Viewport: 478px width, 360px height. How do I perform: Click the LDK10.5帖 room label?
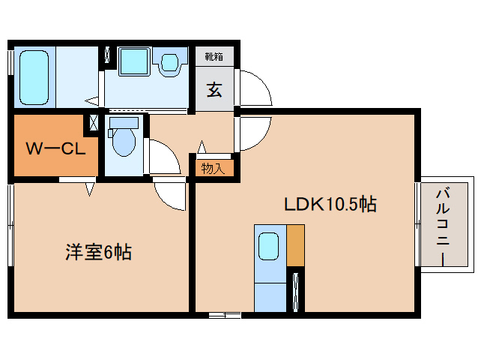(330, 204)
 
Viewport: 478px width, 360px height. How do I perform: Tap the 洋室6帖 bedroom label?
(98, 252)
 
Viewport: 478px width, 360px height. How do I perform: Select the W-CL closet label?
(55, 149)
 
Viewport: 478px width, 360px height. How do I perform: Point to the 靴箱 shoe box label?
(214, 56)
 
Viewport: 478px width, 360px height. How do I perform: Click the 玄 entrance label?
(214, 90)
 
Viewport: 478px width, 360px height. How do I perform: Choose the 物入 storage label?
(213, 168)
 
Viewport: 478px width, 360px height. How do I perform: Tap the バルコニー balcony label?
(444, 227)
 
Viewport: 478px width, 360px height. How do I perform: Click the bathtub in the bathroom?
(34, 77)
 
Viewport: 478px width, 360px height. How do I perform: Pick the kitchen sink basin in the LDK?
(268, 246)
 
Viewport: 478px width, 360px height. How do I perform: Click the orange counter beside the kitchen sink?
(296, 245)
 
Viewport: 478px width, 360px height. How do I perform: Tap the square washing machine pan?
(134, 61)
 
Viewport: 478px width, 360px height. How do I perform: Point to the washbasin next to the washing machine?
(170, 62)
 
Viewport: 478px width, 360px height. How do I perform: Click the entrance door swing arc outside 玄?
(264, 82)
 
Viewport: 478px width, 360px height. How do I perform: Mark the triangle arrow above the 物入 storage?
(202, 147)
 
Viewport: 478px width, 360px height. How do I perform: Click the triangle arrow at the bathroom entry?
(91, 100)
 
